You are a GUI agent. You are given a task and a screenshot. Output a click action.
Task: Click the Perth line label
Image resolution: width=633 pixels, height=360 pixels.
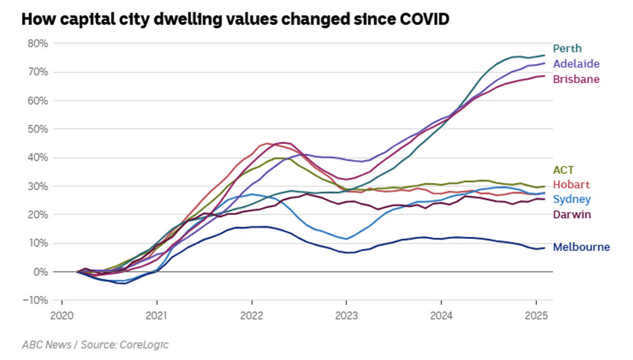click(567, 48)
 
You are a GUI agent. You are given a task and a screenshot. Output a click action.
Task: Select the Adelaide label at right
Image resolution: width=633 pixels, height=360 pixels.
click(576, 64)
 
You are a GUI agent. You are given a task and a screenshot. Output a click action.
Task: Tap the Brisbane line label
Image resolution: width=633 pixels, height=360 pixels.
click(576, 79)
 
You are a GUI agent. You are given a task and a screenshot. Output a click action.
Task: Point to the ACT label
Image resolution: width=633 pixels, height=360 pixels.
click(563, 170)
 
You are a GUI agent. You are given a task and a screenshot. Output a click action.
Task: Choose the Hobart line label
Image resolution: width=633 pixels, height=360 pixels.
click(570, 184)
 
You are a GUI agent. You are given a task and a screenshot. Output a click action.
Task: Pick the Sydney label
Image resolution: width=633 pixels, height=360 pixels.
click(571, 200)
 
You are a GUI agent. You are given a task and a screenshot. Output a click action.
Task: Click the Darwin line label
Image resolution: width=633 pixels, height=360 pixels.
click(571, 214)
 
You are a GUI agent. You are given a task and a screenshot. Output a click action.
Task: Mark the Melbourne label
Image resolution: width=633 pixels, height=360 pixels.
click(581, 247)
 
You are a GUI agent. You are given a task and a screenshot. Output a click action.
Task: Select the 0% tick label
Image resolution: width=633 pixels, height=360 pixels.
click(41, 271)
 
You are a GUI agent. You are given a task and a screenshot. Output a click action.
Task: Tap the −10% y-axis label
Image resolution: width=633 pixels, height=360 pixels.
click(36, 300)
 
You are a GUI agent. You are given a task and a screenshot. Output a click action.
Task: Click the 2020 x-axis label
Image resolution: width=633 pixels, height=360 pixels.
click(62, 316)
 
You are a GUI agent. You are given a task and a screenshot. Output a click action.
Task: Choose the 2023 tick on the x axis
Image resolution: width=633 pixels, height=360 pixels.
click(346, 316)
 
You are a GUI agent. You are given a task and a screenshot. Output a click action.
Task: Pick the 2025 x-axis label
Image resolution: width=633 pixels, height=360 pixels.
click(537, 316)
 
